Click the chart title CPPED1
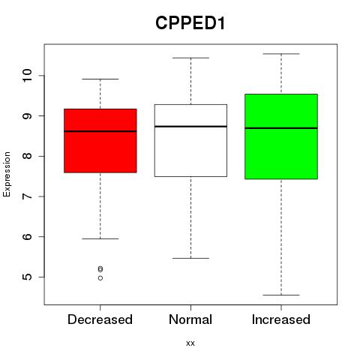(190, 23)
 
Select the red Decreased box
(100, 141)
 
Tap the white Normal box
(190, 140)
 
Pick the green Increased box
(281, 136)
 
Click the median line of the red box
(100, 131)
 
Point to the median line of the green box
(281, 128)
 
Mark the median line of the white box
(190, 127)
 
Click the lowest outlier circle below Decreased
(100, 278)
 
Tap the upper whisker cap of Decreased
(100, 79)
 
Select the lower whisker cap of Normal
(190, 258)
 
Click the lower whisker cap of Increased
(281, 295)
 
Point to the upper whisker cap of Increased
(281, 54)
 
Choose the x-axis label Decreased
(100, 319)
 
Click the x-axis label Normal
(190, 319)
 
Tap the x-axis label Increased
(281, 319)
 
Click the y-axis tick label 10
(28, 75)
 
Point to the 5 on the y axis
(28, 277)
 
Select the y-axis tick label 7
(28, 196)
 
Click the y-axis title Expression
(7, 174)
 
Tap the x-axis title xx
(190, 343)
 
